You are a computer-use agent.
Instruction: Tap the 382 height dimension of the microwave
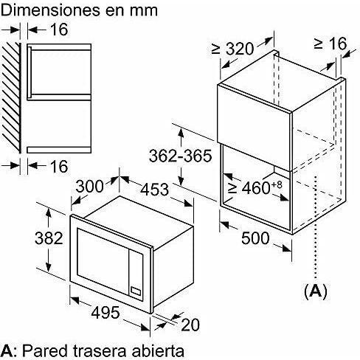pyautogui.click(x=49, y=238)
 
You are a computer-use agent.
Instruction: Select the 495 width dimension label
pyautogui.click(x=105, y=312)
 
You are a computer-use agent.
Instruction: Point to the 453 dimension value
pyautogui.click(x=155, y=190)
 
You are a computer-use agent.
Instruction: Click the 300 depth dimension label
pyautogui.click(x=89, y=186)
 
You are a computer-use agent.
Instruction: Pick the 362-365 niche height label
pyautogui.click(x=180, y=156)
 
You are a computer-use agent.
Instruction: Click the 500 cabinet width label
pyautogui.click(x=255, y=238)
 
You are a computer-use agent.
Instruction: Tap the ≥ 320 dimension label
pyautogui.click(x=232, y=49)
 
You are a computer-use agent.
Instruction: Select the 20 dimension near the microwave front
pyautogui.click(x=190, y=325)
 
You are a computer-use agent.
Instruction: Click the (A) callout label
pyautogui.click(x=316, y=291)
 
